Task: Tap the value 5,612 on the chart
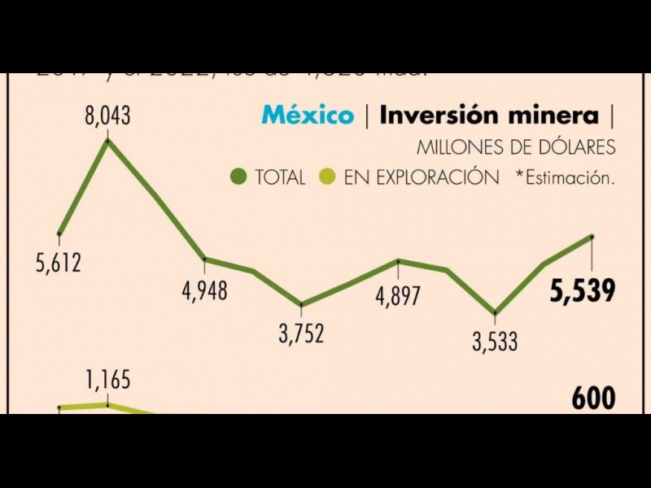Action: tap(59, 264)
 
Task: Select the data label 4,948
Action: tap(205, 290)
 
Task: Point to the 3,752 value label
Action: tap(301, 333)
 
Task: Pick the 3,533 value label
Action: tap(494, 342)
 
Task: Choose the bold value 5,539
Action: tap(582, 291)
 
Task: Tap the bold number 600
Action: tap(593, 399)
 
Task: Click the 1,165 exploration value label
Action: tap(107, 380)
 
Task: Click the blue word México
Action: tap(308, 115)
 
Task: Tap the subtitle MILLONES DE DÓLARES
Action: tap(516, 148)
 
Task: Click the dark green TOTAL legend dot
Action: tap(238, 176)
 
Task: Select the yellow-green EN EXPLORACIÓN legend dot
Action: tap(327, 176)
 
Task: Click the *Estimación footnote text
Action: tap(564, 177)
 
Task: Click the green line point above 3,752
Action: tap(301, 305)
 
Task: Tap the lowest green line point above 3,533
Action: tap(495, 313)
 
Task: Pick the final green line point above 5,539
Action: tap(592, 237)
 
